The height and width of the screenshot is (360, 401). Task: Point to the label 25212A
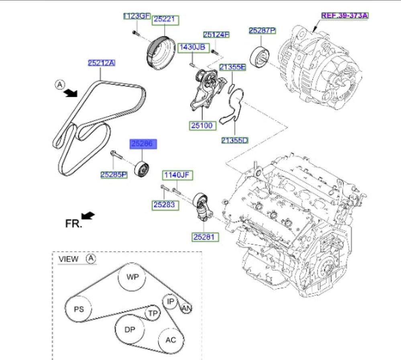click(102, 63)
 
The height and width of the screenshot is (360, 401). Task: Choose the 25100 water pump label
click(203, 126)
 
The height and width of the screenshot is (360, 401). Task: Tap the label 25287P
click(262, 31)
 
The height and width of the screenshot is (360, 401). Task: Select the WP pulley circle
click(132, 277)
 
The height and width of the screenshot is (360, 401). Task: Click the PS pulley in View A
click(78, 309)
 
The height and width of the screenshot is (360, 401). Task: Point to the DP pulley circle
click(129, 330)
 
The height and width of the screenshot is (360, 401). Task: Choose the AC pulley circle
click(171, 340)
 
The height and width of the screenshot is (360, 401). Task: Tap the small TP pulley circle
click(152, 313)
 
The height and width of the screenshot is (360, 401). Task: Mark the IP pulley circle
click(170, 301)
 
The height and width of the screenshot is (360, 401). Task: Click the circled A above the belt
click(59, 85)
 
